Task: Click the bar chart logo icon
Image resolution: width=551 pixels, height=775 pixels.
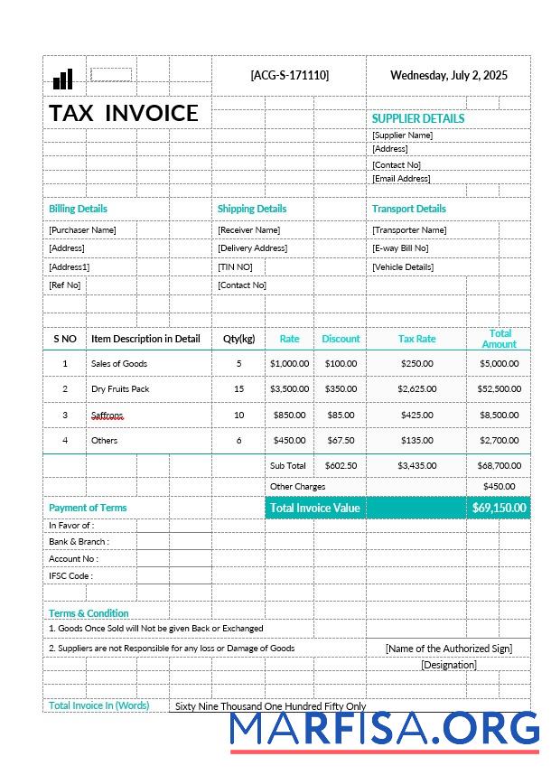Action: [62, 79]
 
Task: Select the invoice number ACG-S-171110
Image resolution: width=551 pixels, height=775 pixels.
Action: [289, 75]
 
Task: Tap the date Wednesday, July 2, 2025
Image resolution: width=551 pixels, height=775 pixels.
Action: [448, 75]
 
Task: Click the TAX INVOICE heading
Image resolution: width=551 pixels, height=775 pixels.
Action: [124, 113]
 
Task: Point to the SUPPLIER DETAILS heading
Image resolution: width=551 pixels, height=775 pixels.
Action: [417, 118]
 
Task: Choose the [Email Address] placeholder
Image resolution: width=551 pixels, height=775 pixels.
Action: [401, 179]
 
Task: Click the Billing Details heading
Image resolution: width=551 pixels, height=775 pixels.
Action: [78, 209]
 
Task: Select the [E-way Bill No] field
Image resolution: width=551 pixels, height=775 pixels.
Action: [400, 248]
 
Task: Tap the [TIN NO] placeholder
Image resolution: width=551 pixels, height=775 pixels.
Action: [235, 267]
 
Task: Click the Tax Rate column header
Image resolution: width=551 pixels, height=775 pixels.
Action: [416, 339]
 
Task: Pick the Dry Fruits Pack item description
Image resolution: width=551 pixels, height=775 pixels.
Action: [120, 389]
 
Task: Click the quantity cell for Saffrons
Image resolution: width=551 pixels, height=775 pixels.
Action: [238, 415]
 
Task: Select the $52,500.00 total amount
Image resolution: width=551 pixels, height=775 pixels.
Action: [499, 389]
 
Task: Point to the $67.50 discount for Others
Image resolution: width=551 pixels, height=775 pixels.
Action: [341, 441]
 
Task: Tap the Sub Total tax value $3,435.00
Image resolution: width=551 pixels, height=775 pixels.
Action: [416, 466]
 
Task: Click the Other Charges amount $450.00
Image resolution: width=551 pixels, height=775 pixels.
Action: [499, 487]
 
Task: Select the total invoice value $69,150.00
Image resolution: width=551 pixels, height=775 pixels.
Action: [499, 508]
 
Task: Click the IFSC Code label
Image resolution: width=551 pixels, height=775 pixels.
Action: [70, 576]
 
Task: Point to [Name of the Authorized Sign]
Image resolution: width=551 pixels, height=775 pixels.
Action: [448, 649]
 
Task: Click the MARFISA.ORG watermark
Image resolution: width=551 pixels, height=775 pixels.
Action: [384, 729]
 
